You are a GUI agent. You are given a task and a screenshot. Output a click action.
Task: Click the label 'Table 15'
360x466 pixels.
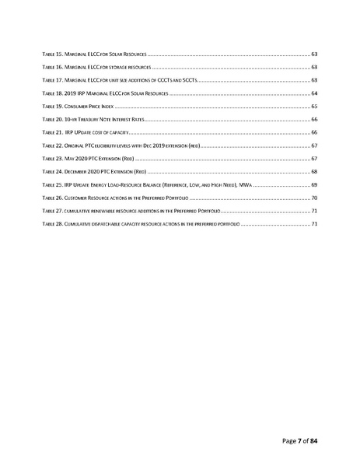pos(51,54)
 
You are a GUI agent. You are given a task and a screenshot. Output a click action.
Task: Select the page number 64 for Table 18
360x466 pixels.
pos(313,93)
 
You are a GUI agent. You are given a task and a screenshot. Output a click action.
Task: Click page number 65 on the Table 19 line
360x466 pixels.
pos(313,106)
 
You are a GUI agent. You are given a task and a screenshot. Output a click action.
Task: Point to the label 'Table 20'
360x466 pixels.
pos(51,119)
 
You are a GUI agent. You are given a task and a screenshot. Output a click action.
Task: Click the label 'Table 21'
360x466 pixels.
pos(51,132)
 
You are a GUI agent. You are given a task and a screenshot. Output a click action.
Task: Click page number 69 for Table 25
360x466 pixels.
pos(313,184)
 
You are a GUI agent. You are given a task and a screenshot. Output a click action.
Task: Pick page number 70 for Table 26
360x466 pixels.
pos(313,198)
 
